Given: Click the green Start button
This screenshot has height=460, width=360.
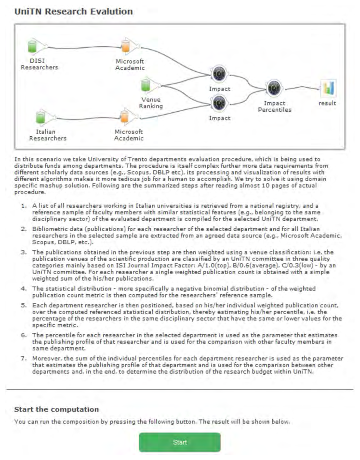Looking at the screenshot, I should pos(180,442).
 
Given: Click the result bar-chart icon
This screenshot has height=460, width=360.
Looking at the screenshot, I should pos(328,88).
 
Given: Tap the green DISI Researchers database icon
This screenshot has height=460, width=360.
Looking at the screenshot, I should pos(32,47).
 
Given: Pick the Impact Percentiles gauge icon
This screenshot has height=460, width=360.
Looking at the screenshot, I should pos(274,88).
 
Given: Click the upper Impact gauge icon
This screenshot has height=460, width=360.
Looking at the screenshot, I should pos(219,74).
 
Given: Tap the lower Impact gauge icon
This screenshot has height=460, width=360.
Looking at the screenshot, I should pos(219,103).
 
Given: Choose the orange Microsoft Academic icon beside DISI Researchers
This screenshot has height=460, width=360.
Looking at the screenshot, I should pos(126,46).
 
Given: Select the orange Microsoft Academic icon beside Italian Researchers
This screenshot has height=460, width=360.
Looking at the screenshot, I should pos(124,118).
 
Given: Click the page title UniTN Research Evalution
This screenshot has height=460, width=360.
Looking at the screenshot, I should pos(74,11).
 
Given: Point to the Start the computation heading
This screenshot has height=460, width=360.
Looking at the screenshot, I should pos(56,409).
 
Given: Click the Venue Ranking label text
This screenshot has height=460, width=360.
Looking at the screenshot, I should pos(151,103).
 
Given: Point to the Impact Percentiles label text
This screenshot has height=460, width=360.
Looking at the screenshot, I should pos(274,106).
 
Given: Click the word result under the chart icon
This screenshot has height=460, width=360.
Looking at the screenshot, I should pos(327,103).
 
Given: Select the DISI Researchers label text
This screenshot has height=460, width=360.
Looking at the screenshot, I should pos(39,64).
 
